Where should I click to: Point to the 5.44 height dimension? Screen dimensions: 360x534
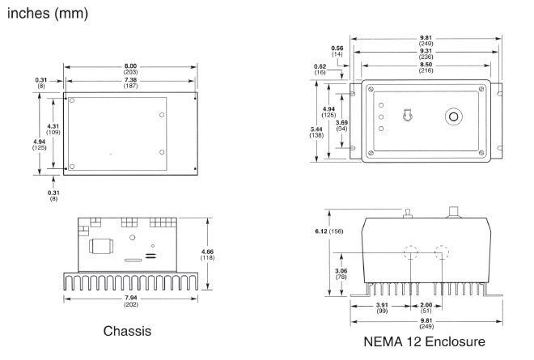[x=318, y=127]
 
